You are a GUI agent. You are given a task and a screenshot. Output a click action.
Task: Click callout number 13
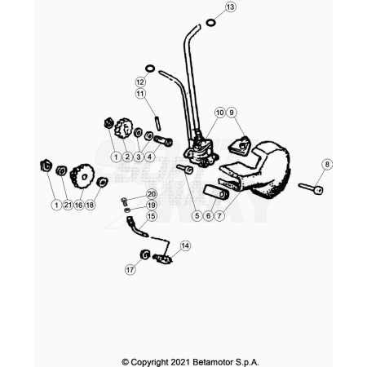(231, 7)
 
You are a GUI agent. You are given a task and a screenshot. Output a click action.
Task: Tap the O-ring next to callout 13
(210, 23)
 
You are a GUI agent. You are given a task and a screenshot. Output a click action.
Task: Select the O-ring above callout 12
(150, 69)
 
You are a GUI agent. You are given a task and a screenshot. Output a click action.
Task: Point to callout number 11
(140, 94)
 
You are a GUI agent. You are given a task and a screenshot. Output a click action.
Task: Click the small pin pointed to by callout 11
(158, 123)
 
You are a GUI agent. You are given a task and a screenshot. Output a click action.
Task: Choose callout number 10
(220, 113)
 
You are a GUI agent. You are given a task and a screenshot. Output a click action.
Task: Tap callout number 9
(232, 113)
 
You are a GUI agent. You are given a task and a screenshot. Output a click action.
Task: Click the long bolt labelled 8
(311, 188)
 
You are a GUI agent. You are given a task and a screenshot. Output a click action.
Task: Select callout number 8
(327, 164)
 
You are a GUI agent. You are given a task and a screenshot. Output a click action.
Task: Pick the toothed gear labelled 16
(82, 176)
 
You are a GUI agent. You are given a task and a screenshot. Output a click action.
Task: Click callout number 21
(68, 205)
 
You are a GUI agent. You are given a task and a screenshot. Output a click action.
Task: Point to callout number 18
(90, 205)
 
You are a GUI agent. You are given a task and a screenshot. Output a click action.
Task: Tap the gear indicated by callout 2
(123, 128)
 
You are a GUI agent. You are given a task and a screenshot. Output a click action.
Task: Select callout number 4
(149, 157)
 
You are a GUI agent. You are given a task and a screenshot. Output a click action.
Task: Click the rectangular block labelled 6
(216, 192)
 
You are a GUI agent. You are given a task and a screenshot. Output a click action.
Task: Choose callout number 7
(219, 216)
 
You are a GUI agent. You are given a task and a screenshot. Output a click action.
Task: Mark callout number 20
(152, 194)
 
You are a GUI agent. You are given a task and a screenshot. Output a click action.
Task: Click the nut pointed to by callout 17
(145, 254)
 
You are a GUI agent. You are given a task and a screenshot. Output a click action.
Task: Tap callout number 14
(185, 245)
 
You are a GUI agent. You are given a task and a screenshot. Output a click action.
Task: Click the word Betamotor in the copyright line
(213, 362)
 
